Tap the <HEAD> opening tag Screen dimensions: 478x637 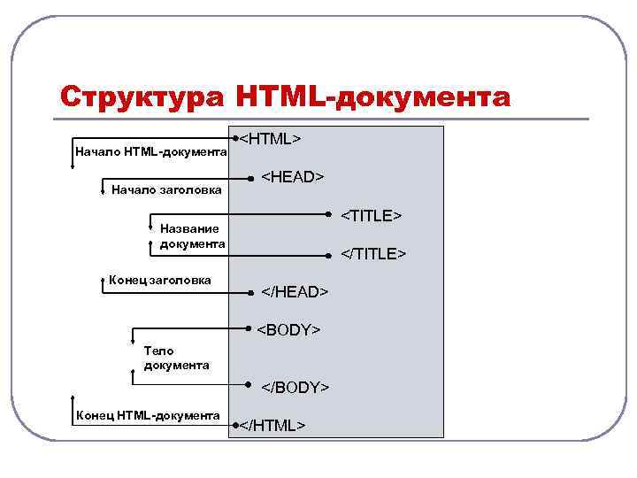[292, 177]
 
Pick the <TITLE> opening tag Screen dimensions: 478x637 [372, 216]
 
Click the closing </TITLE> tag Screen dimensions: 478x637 [373, 254]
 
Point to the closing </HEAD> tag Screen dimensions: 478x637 [295, 292]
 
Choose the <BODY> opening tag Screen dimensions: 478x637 [288, 330]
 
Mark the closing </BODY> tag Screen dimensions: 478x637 [295, 388]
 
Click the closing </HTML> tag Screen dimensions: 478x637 [273, 426]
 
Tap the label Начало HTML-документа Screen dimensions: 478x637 [151, 153]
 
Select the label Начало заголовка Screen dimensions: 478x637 [166, 189]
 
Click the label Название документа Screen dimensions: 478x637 [192, 236]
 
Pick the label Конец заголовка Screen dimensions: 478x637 [160, 281]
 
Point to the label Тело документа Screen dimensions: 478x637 [176, 358]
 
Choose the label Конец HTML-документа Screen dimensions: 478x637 [148, 415]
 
